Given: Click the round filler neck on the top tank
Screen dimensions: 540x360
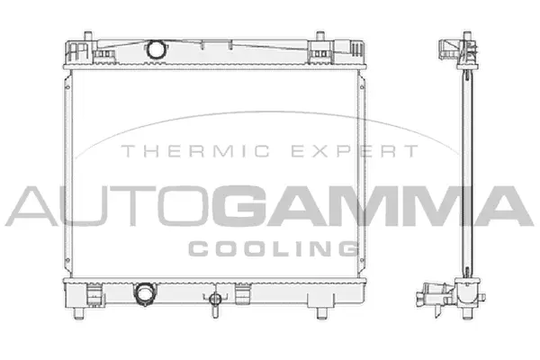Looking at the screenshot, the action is click(156, 49).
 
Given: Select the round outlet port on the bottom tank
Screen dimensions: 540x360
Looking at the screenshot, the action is click(145, 294).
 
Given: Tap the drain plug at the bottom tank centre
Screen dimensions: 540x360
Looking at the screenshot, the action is click(215, 302).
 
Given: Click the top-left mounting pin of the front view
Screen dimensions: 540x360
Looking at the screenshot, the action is click(88, 36).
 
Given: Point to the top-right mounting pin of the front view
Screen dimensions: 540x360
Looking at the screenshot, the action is click(319, 36).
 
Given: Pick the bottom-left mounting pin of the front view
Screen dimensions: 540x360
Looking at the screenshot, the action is click(79, 313).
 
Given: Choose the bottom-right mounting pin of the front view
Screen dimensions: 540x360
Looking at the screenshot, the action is click(322, 313).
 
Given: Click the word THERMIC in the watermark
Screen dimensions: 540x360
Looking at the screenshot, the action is click(195, 151).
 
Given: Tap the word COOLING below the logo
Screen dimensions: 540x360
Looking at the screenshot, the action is click(274, 248).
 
